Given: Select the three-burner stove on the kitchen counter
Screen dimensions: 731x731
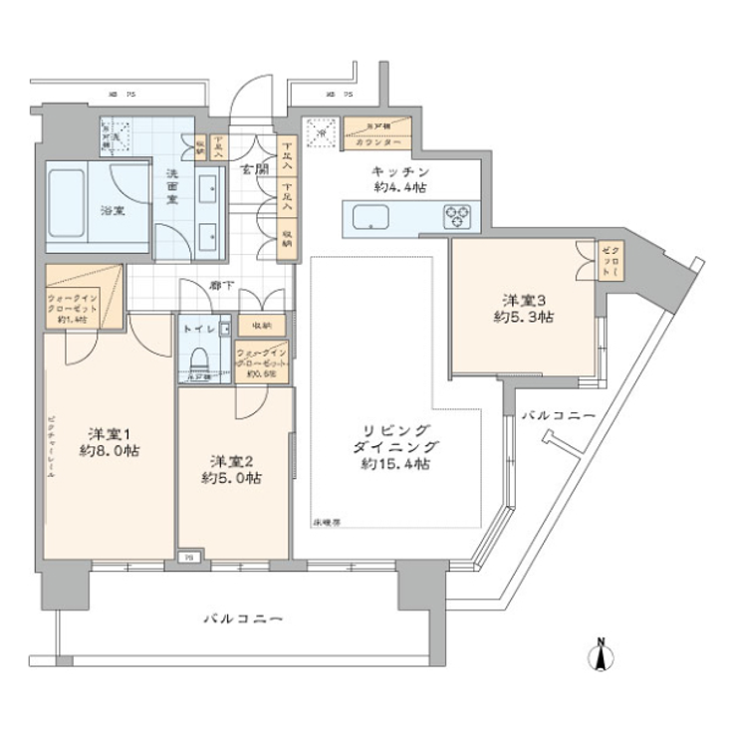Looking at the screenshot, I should pyautogui.click(x=459, y=214).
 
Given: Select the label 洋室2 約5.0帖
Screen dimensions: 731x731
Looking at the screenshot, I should pyautogui.click(x=231, y=469).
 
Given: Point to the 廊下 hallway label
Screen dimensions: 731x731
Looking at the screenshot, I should pyautogui.click(x=221, y=286).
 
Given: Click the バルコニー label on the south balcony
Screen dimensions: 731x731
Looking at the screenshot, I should pyautogui.click(x=243, y=618).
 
